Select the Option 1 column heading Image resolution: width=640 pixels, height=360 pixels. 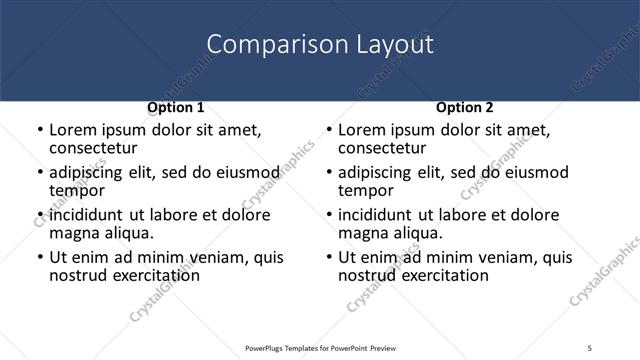(x=175, y=107)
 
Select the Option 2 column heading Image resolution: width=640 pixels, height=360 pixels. (x=464, y=107)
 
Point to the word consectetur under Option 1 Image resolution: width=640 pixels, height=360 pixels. (x=93, y=148)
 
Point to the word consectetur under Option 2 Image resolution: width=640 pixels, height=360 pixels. (x=382, y=148)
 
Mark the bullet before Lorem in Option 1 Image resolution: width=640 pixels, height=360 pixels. (x=39, y=131)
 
